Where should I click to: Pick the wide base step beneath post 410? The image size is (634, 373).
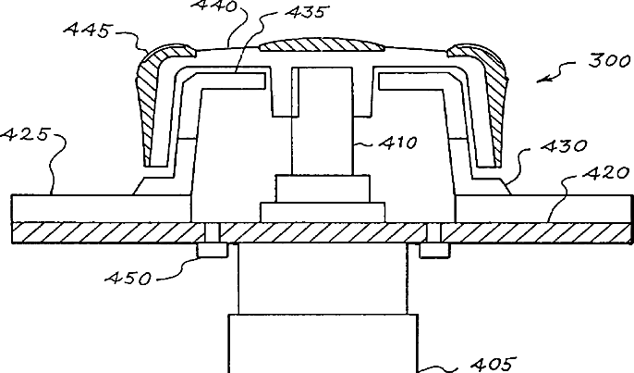click(x=323, y=212)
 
